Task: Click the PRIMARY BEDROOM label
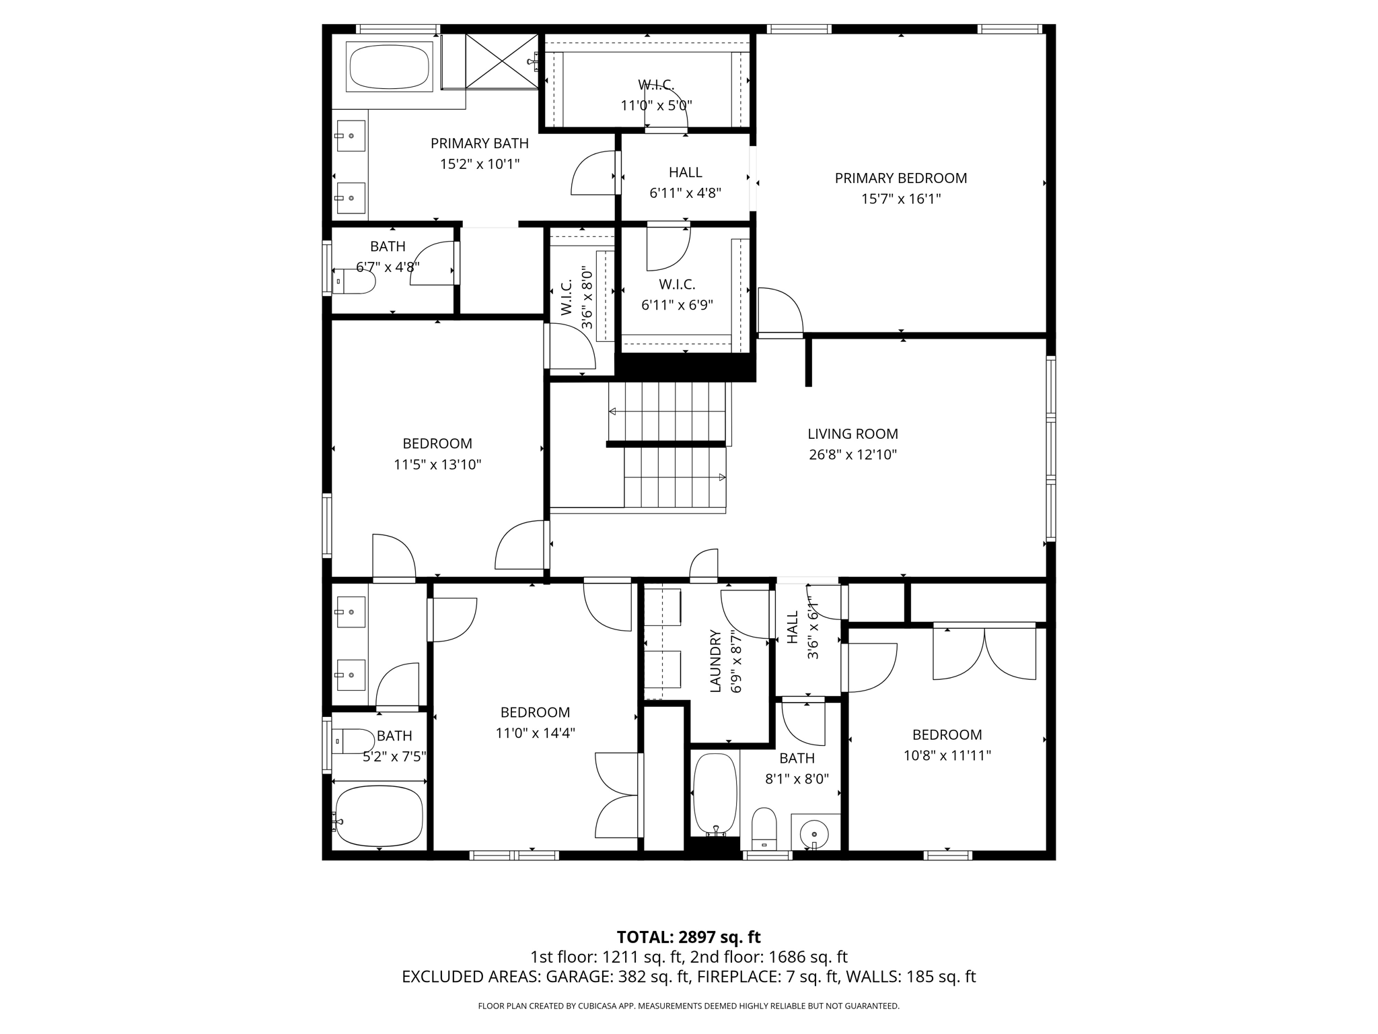pos(900,178)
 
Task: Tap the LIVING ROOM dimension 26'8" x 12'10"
pos(853,454)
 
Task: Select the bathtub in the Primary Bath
pos(389,67)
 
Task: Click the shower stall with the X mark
pos(502,61)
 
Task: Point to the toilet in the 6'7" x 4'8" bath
pos(355,282)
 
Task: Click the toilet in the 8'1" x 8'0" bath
pos(764,829)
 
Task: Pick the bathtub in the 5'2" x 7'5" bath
pos(379,816)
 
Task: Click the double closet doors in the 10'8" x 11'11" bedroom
pos(984,653)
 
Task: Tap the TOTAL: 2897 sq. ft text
pos(688,937)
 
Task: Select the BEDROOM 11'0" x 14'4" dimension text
pos(535,733)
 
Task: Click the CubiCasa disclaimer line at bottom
pos(688,1006)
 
